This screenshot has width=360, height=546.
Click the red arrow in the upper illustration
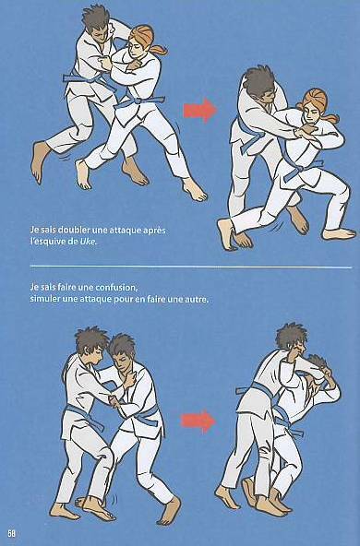coord(199,110)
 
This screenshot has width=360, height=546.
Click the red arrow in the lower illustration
coord(198,421)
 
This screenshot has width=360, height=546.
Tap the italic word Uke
coord(87,242)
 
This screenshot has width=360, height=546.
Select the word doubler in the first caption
coord(74,231)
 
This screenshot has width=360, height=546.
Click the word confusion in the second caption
coord(115,288)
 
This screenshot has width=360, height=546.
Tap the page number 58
coord(11,533)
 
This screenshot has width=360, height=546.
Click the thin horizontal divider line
coord(191,267)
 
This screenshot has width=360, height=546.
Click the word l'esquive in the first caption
coord(47,242)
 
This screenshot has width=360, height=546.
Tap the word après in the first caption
coord(153,231)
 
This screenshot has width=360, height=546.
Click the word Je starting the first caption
coord(34,231)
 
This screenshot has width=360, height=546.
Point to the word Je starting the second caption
coord(34,288)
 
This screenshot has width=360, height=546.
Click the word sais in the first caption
coord(48,231)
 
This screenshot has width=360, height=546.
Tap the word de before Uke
coord(73,242)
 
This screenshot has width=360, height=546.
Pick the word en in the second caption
coord(139,300)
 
